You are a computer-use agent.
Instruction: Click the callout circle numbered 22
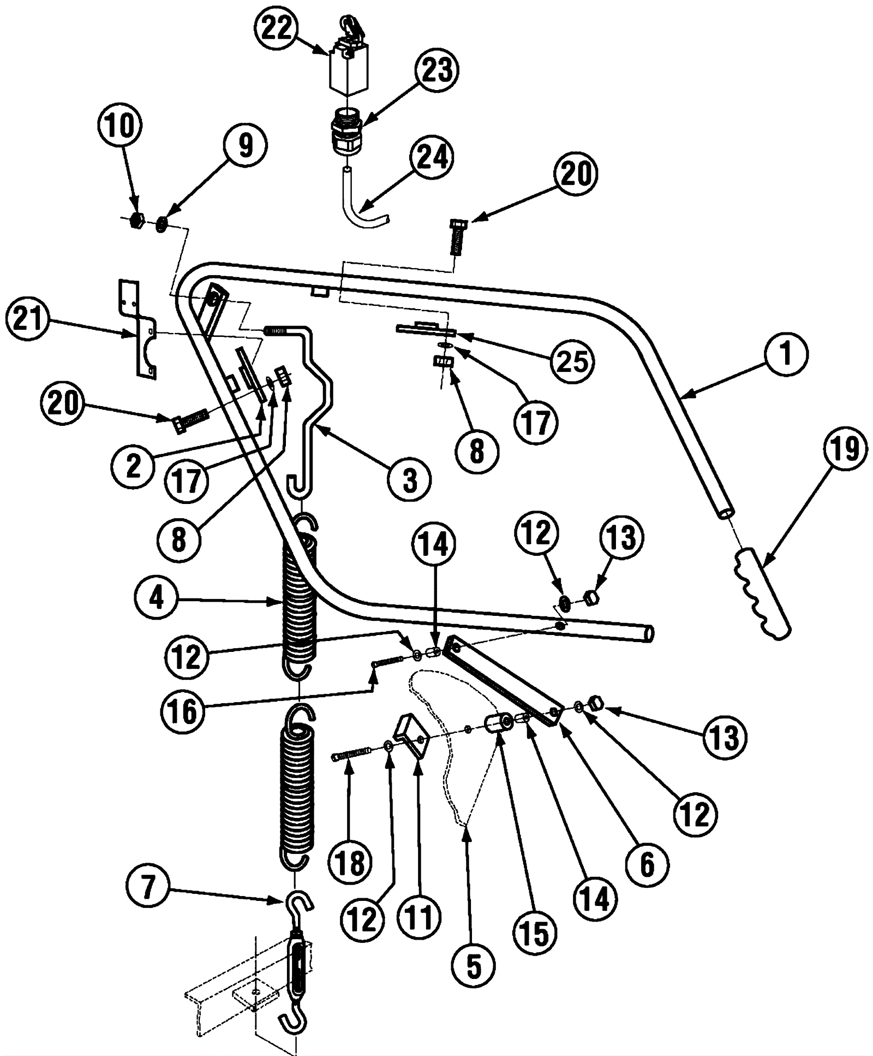277,28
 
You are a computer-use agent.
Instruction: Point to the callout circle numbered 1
785,354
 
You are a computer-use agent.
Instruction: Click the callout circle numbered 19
844,449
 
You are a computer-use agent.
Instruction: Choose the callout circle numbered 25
572,360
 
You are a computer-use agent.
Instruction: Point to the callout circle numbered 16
182,711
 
